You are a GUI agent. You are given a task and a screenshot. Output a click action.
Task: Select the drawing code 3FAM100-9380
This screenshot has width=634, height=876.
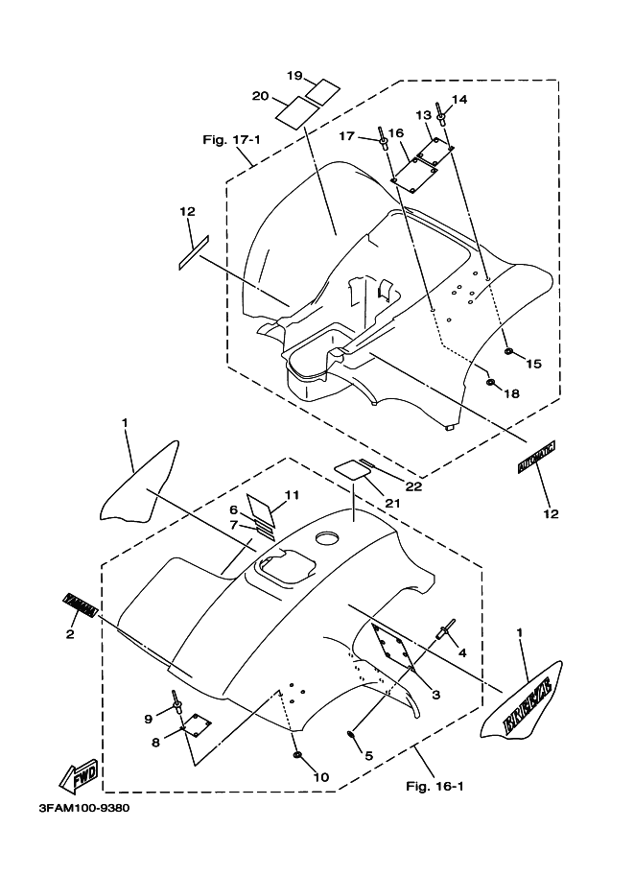83,808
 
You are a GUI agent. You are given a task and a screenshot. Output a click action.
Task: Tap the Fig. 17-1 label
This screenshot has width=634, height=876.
231,140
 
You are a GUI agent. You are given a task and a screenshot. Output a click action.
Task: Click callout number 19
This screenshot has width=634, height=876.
295,75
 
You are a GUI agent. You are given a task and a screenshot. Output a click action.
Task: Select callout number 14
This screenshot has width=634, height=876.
459,99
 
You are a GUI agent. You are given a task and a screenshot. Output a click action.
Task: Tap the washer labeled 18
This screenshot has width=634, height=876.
490,382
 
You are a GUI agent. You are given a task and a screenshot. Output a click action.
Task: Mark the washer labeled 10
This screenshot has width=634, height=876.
298,757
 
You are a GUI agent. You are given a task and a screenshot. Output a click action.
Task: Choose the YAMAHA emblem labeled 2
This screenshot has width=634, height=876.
82,604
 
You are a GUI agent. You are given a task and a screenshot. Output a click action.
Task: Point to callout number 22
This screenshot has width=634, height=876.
412,486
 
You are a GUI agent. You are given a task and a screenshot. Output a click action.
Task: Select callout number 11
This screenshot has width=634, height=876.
292,494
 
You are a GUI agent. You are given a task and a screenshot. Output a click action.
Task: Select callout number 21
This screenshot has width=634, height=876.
393,502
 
